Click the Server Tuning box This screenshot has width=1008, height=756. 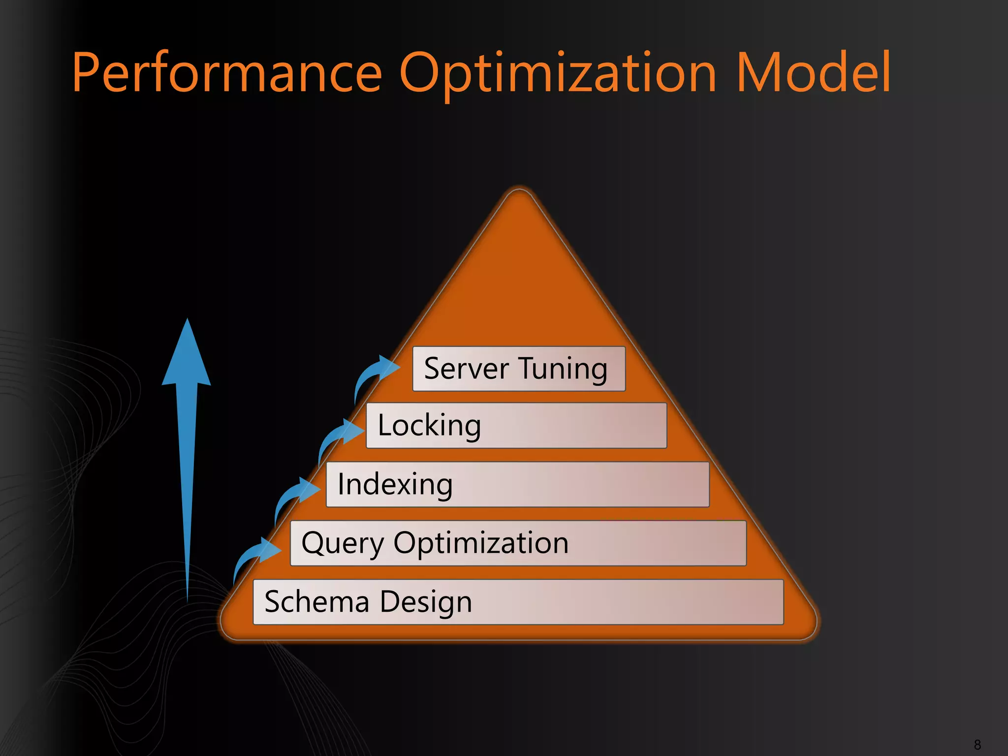click(x=519, y=369)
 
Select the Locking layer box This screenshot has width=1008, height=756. click(x=516, y=425)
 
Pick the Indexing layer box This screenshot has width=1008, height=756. click(x=517, y=484)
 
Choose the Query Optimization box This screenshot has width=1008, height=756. click(x=518, y=543)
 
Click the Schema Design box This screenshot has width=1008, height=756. click(x=518, y=602)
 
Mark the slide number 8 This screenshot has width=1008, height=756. click(x=977, y=745)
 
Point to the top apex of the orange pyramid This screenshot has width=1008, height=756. click(x=519, y=194)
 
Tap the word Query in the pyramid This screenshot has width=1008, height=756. click(x=342, y=544)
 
